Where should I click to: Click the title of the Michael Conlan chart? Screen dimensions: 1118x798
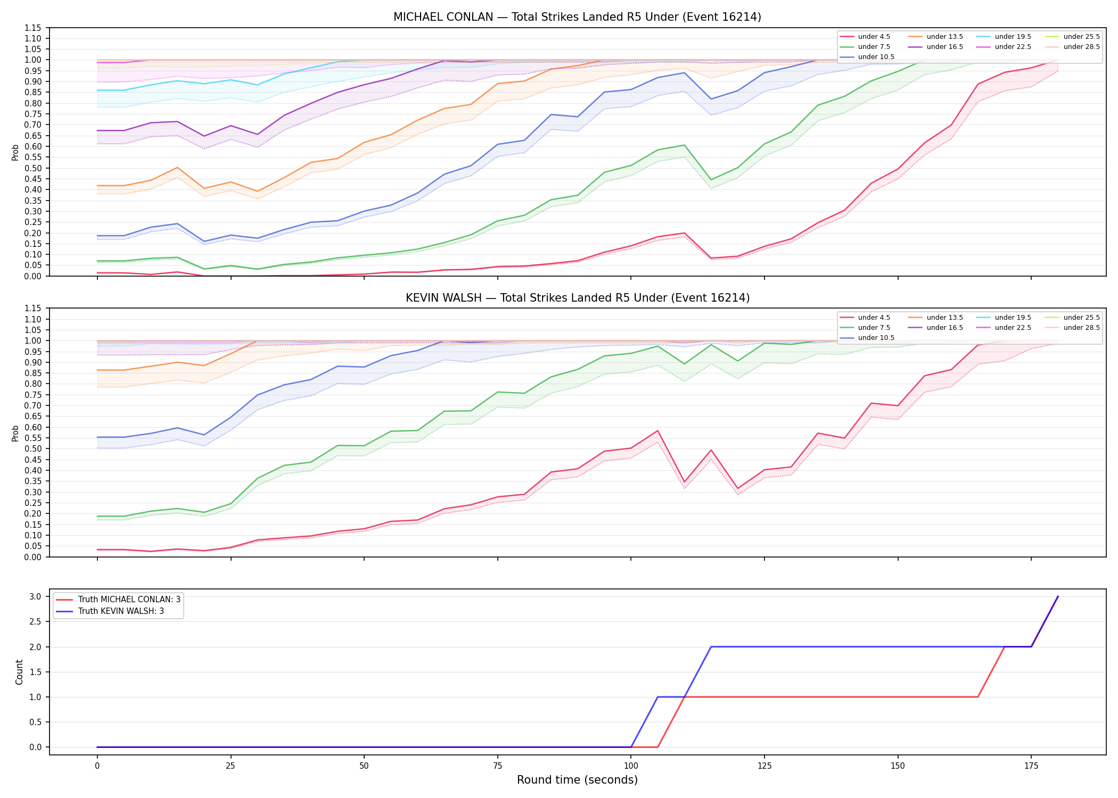click(577, 17)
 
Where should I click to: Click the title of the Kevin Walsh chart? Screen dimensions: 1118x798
click(577, 298)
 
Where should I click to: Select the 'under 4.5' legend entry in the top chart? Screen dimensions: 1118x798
click(865, 37)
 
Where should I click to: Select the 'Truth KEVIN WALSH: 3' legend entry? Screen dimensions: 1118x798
click(110, 611)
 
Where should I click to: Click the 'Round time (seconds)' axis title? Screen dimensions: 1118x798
click(577, 780)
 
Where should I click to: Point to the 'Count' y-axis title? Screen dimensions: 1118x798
click(19, 672)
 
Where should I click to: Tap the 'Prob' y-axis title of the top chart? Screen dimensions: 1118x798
click(15, 152)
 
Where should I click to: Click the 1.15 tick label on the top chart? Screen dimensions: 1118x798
click(33, 28)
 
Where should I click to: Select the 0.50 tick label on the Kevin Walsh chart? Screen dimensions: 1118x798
click(33, 448)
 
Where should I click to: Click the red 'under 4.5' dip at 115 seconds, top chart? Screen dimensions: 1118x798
click(711, 258)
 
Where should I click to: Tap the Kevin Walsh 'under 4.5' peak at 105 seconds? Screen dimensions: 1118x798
click(658, 430)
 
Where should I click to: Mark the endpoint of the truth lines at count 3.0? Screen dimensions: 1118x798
click(1058, 596)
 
